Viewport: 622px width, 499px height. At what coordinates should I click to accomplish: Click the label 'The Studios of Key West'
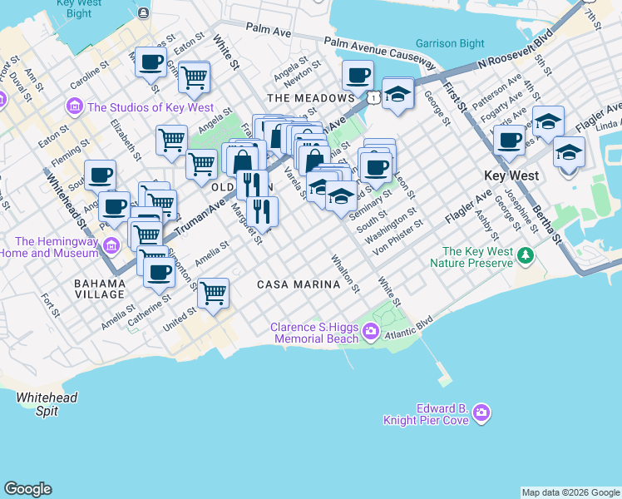point(151,107)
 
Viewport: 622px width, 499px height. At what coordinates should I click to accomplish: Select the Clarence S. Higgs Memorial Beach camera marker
point(371,333)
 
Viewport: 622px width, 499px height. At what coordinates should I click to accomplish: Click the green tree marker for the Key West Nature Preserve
point(525,254)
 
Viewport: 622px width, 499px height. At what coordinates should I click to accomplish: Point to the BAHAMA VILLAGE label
point(100,289)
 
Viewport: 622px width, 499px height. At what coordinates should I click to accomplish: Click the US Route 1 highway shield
point(375,98)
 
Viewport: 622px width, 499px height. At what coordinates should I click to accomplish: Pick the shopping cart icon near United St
point(214,293)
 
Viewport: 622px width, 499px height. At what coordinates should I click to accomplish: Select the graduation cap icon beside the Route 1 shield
point(398,93)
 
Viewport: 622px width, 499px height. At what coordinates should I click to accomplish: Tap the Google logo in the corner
point(27,489)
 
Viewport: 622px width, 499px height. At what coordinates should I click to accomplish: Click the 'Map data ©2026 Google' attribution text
point(570,492)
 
